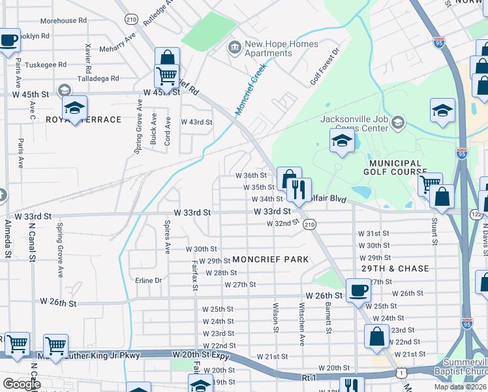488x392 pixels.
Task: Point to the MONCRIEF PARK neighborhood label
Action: pos(270,259)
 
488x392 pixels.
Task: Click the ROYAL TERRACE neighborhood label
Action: pos(84,120)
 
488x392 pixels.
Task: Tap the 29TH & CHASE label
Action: pos(396,269)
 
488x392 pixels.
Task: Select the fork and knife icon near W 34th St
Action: pos(299,191)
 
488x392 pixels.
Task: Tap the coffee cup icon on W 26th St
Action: pos(358,291)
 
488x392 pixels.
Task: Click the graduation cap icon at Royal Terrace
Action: pos(75,108)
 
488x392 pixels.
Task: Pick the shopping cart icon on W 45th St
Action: pos(166,76)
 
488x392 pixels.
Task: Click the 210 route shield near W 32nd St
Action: pos(309,224)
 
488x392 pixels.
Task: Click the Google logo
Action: pos(22,384)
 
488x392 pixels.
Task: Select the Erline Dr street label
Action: pos(148,280)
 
